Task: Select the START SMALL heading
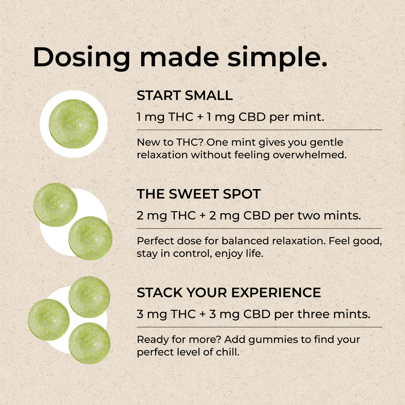[184, 95]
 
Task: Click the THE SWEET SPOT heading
[198, 194]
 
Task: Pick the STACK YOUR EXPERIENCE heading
[229, 292]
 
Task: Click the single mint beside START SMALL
[73, 124]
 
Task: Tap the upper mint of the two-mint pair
[55, 205]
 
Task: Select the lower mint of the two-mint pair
[90, 238]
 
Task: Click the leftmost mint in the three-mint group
[49, 320]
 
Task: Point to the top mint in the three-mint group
[90, 297]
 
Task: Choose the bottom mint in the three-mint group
[90, 343]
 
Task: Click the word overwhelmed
[310, 155]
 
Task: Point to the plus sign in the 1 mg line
[200, 117]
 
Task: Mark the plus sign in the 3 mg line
[202, 315]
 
